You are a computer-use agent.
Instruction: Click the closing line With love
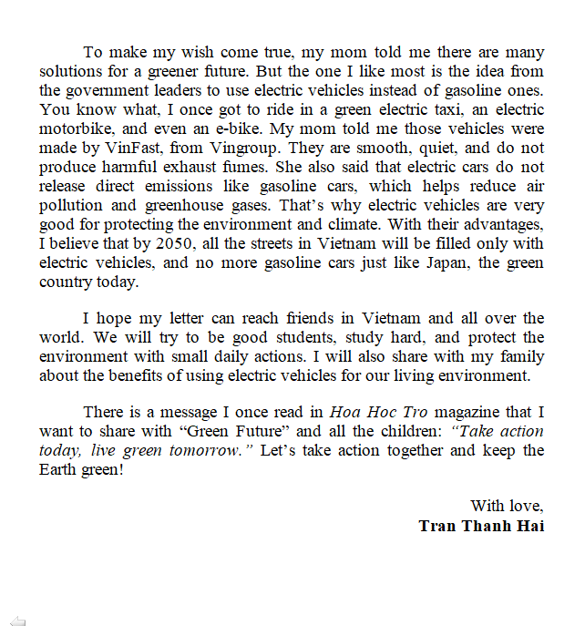pyautogui.click(x=507, y=506)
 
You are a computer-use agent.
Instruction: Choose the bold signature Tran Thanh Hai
pyautogui.click(x=481, y=526)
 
